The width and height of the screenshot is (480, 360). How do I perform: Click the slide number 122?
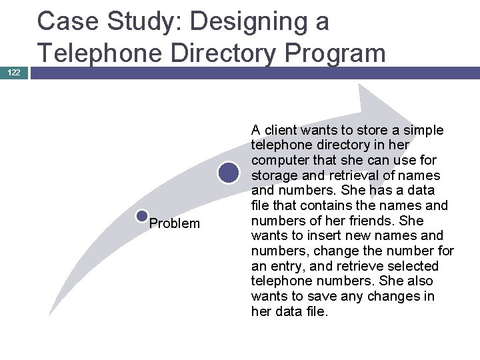click(x=15, y=72)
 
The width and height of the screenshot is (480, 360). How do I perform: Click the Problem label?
click(x=174, y=223)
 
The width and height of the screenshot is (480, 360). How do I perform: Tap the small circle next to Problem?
click(x=141, y=216)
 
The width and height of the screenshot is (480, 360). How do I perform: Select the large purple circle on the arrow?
click(x=229, y=173)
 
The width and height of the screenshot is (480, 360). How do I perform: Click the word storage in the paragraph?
click(x=275, y=175)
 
